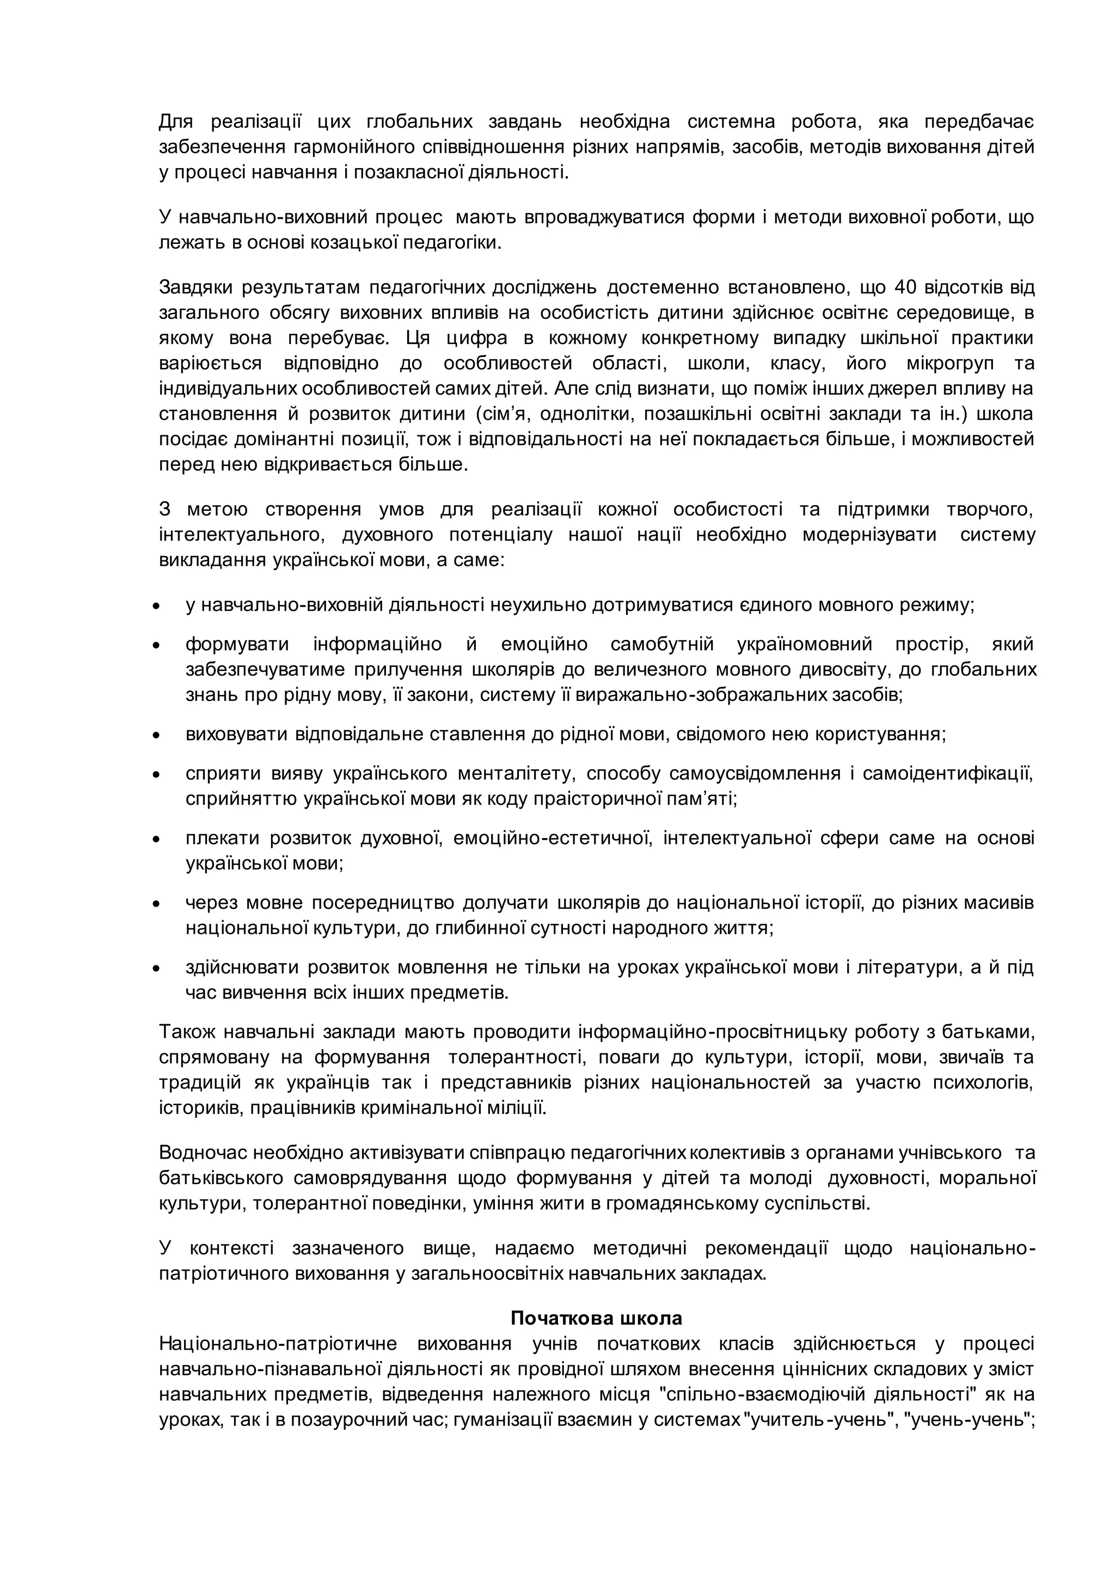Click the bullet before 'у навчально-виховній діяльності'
click(157, 607)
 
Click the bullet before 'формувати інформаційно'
click(157, 646)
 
